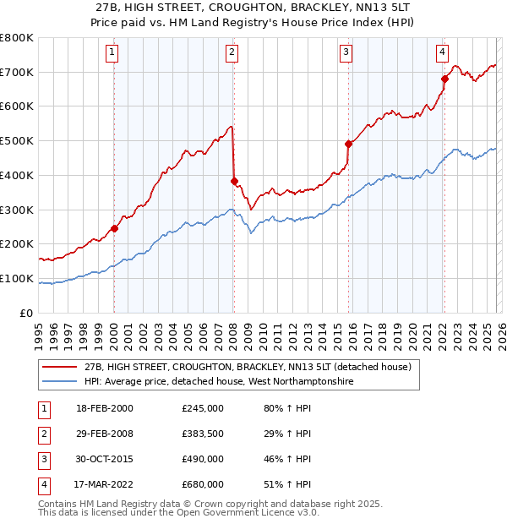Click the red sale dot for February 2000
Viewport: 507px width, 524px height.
tap(114, 228)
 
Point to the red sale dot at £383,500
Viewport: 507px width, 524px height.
tap(234, 180)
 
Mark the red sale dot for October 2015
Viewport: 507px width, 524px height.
tap(348, 144)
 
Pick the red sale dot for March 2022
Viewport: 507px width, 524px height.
tap(444, 79)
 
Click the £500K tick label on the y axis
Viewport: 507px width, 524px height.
tap(17, 141)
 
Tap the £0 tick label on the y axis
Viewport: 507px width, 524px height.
tap(27, 313)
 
